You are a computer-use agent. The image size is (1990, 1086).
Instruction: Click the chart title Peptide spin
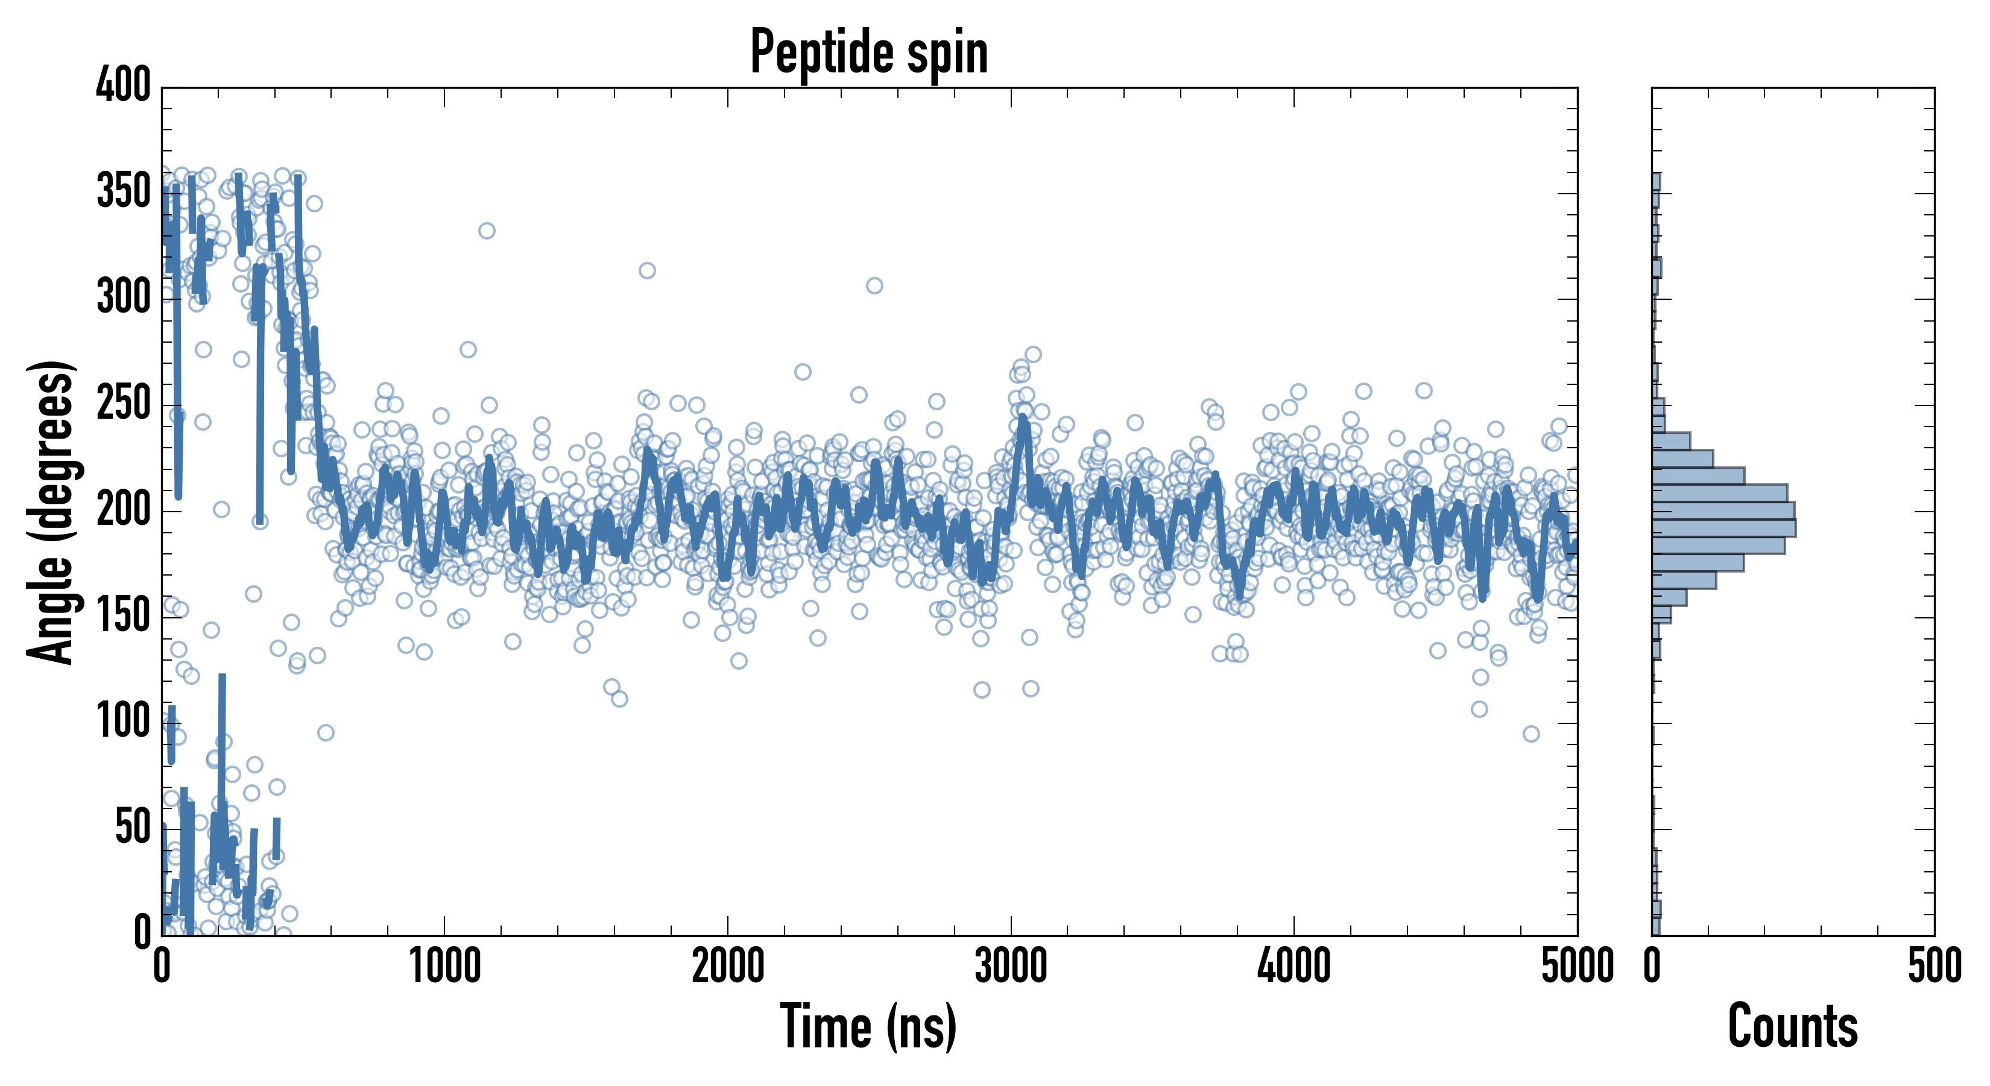pos(869,52)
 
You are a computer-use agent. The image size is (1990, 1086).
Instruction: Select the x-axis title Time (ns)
pos(869,1026)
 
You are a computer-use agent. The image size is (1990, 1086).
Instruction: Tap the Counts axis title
pos(1793,1026)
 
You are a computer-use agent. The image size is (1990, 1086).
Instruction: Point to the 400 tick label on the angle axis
pos(124,84)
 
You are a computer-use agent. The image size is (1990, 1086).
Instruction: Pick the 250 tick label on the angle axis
pos(124,404)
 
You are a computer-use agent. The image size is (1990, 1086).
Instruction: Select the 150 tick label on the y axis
pos(124,616)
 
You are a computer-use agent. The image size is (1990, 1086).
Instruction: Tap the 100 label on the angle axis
pos(124,722)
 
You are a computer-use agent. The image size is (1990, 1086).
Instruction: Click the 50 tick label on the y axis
pos(132,828)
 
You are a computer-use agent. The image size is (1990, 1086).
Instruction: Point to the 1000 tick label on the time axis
pos(445,966)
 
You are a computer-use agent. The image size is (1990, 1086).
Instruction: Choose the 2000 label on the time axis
pos(728,966)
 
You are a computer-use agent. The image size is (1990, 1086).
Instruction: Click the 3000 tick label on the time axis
pos(1011,966)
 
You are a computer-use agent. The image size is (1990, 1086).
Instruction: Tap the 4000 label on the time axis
pos(1294,966)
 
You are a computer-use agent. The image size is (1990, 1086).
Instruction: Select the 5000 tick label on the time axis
pos(1577,966)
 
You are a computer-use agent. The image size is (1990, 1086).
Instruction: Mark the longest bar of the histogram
pos(1723,528)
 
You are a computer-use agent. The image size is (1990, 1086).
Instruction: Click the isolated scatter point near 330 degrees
pos(487,230)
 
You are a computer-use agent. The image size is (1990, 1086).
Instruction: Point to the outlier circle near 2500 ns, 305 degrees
pos(874,286)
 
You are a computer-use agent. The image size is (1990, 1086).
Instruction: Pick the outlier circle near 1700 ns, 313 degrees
pos(648,270)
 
